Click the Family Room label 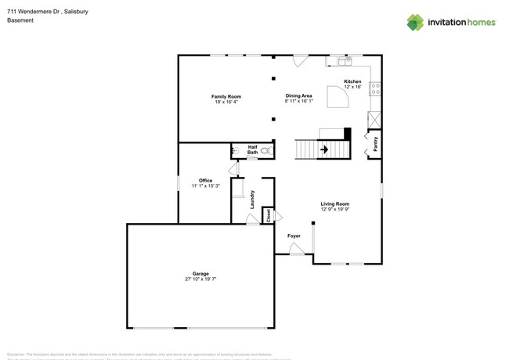click(x=226, y=96)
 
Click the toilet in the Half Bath click(x=265, y=150)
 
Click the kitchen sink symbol click(x=344, y=61)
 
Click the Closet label click(x=268, y=214)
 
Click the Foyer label click(x=294, y=236)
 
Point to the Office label click(x=205, y=181)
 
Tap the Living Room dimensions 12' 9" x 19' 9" click(x=334, y=210)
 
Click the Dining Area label click(x=298, y=96)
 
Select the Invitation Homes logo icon click(x=415, y=23)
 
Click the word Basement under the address click(x=20, y=20)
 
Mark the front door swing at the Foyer click(x=297, y=250)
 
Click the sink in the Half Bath click(x=236, y=151)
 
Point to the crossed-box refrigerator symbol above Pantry click(x=374, y=120)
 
